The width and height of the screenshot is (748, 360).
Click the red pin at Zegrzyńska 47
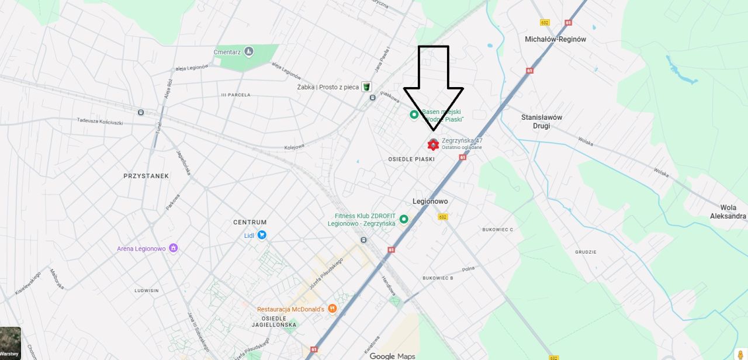[x=433, y=144]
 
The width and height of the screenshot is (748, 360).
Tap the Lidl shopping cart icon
[x=262, y=235]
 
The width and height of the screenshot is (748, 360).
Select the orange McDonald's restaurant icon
[x=332, y=309]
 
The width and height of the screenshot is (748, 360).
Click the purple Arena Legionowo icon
[x=173, y=248]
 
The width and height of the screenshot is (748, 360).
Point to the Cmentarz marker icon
[x=249, y=51]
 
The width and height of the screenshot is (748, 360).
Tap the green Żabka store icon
[x=366, y=86]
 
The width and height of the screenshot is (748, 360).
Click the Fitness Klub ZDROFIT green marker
[x=403, y=219]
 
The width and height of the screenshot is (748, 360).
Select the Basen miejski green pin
[x=414, y=115]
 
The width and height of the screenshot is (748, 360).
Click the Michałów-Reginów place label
[x=555, y=39]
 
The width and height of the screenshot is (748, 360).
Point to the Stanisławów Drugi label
[x=542, y=121]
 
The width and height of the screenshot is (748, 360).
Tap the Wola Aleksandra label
[x=728, y=212]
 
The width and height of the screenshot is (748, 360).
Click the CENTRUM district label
[x=250, y=222]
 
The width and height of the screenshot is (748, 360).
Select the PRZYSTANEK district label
[x=146, y=176]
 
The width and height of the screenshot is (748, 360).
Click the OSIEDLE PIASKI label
[x=411, y=159]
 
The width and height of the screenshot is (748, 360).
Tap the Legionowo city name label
[x=430, y=201]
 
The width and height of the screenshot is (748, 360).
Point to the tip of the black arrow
[x=433, y=129]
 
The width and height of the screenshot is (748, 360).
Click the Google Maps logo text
[x=392, y=356]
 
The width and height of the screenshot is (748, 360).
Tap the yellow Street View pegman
[x=740, y=354]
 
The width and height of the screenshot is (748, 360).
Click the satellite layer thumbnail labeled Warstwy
[x=10, y=343]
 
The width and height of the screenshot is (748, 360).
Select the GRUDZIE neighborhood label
[x=586, y=252]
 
